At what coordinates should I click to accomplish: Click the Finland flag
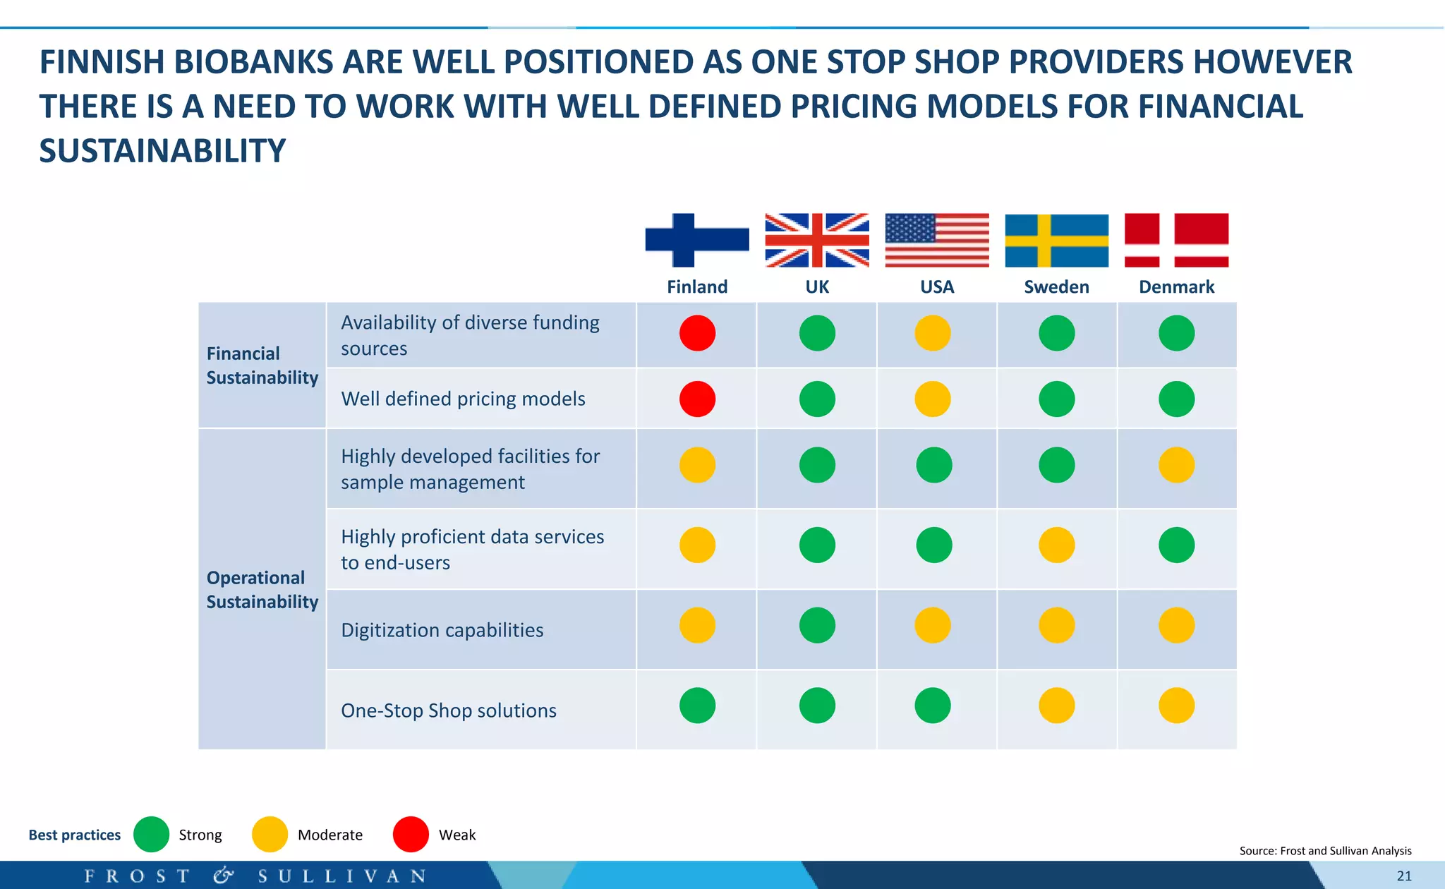click(697, 240)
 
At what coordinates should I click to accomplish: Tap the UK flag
click(817, 240)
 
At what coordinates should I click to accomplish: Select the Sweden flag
click(1056, 240)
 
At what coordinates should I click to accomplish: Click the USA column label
click(936, 287)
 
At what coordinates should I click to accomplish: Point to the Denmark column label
click(1176, 287)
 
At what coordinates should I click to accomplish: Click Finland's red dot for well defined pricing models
click(697, 399)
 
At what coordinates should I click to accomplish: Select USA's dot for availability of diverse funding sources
click(933, 333)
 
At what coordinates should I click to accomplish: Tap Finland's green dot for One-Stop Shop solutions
click(697, 706)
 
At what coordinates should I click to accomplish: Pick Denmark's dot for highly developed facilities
click(1176, 465)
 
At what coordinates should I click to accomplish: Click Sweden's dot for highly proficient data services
click(1056, 545)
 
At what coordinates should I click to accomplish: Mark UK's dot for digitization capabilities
click(817, 625)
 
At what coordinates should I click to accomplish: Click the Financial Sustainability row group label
click(262, 365)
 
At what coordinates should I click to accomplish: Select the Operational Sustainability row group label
click(262, 590)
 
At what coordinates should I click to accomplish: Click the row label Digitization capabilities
click(442, 630)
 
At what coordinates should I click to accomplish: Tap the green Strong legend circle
click(151, 835)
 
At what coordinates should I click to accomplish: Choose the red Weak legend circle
click(411, 835)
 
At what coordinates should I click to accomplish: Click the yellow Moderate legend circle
click(270, 835)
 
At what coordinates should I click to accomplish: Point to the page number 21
click(1404, 876)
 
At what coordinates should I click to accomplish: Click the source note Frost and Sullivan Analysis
click(1325, 851)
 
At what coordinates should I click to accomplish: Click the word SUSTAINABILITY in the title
click(162, 151)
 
